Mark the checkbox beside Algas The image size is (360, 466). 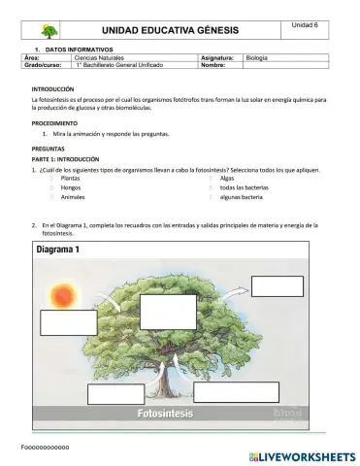point(211,180)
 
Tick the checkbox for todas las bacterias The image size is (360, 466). point(211,187)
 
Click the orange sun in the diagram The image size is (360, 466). point(66,291)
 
